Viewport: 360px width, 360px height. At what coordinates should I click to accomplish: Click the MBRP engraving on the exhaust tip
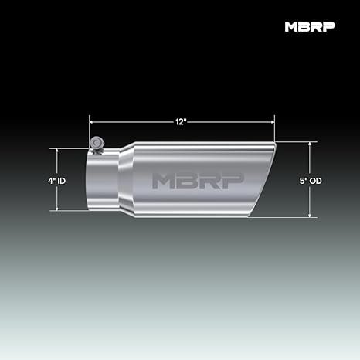[197, 179]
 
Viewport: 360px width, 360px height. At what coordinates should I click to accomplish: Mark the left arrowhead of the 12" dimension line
[92, 120]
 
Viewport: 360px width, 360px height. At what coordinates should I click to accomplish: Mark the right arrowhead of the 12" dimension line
[273, 120]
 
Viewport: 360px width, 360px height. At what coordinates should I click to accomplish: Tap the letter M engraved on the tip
[165, 179]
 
